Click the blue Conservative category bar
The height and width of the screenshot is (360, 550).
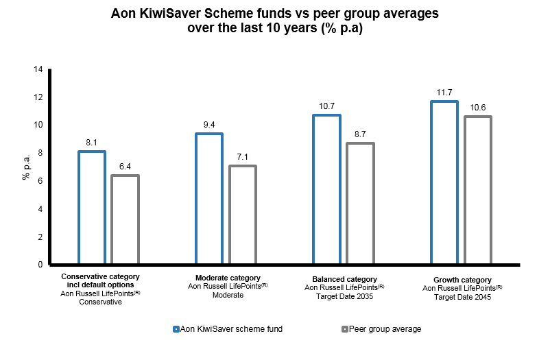tap(92, 207)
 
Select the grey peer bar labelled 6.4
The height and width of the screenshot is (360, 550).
tap(125, 219)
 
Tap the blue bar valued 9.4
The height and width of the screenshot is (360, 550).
tap(208, 198)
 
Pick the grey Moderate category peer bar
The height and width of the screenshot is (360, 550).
tap(242, 215)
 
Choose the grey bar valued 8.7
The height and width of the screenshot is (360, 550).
tap(360, 203)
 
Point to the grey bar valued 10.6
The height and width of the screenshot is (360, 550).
tap(477, 190)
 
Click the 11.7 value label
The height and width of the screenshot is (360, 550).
tap(444, 93)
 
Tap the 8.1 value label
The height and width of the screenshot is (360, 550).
tap(92, 143)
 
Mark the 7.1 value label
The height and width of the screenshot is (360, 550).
tap(242, 157)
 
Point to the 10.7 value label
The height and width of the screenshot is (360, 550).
tap(326, 106)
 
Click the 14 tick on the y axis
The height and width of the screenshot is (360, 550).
tap(38, 69)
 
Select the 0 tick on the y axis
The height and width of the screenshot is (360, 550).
tap(40, 265)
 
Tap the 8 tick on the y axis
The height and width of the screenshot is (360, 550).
tap(40, 153)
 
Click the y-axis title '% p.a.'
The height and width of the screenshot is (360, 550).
tap(25, 167)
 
